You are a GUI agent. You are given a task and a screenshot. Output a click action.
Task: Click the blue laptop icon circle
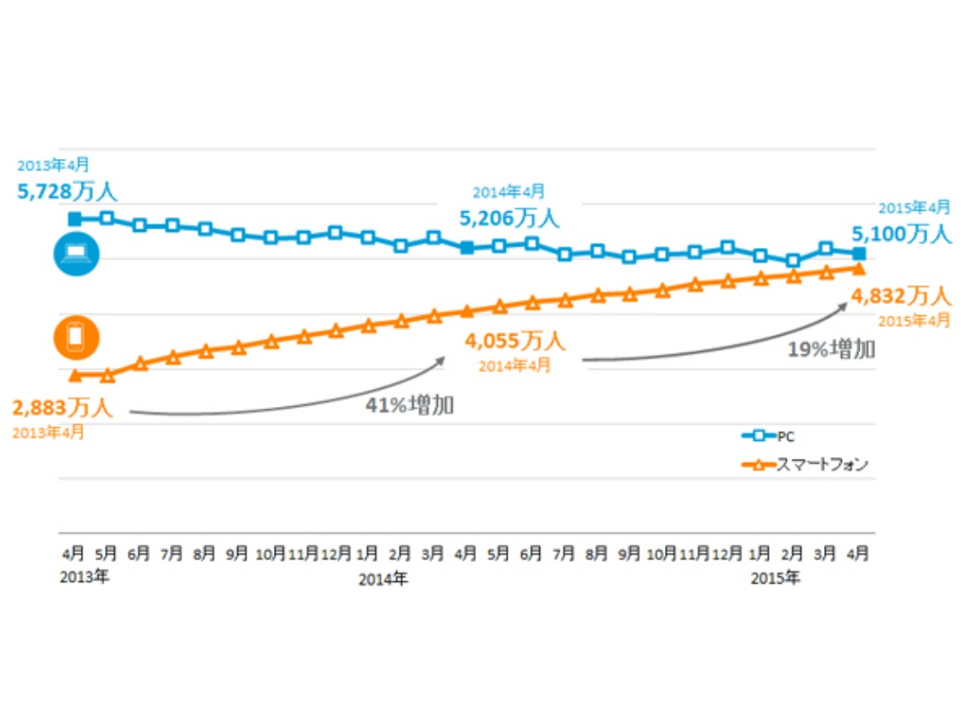pyautogui.click(x=76, y=254)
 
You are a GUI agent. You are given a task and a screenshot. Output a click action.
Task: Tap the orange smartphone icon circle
pyautogui.click(x=76, y=337)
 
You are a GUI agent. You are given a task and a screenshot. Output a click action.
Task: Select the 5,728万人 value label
pyautogui.click(x=67, y=189)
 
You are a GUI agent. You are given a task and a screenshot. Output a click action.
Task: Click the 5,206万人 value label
pyautogui.click(x=509, y=218)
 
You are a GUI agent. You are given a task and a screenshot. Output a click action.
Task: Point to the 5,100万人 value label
pyautogui.click(x=902, y=234)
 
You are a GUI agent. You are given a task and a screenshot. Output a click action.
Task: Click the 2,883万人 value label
pyautogui.click(x=62, y=408)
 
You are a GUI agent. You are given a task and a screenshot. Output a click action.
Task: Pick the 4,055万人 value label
pyautogui.click(x=514, y=342)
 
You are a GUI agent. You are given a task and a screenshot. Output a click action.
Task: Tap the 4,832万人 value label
pyautogui.click(x=901, y=296)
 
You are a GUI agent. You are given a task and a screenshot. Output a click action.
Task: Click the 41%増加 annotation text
pyautogui.click(x=410, y=404)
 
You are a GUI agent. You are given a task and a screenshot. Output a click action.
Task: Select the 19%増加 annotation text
pyautogui.click(x=831, y=349)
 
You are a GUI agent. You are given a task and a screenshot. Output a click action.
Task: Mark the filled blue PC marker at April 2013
pyautogui.click(x=75, y=219)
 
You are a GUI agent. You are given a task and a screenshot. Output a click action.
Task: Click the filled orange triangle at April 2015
pyautogui.click(x=859, y=268)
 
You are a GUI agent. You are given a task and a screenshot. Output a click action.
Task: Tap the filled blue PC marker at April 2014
pyautogui.click(x=467, y=247)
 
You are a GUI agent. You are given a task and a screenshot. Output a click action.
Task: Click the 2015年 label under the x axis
pyautogui.click(x=775, y=579)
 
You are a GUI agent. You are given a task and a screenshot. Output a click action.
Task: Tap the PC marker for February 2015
pyautogui.click(x=793, y=261)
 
